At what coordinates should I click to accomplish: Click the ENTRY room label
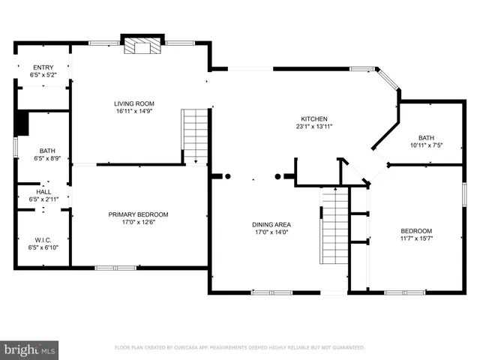[42, 67]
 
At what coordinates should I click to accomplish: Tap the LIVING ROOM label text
[134, 103]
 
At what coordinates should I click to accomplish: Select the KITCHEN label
[315, 119]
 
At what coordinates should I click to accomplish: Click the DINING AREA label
[271, 224]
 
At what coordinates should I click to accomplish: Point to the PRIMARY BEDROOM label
[139, 214]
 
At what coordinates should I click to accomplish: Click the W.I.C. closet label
[42, 240]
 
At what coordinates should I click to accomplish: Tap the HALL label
[42, 192]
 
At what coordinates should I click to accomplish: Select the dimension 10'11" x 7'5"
[427, 145]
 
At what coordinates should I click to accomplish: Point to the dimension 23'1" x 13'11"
[315, 127]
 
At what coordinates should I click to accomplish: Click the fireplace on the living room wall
[142, 45]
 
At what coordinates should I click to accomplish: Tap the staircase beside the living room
[195, 135]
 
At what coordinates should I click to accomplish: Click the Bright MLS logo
[30, 349]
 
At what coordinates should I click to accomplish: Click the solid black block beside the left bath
[21, 124]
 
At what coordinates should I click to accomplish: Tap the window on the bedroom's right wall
[464, 193]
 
